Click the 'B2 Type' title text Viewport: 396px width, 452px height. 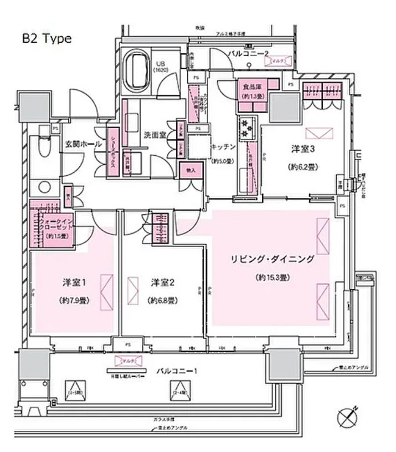pyautogui.click(x=47, y=39)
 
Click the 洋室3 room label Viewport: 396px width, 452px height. pyautogui.click(x=303, y=149)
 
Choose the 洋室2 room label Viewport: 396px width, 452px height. pyautogui.click(x=163, y=282)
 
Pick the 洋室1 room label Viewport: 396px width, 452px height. pyautogui.click(x=75, y=282)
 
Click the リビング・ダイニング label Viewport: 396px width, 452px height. pyautogui.click(x=273, y=259)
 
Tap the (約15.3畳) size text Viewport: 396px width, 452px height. pyautogui.click(x=274, y=277)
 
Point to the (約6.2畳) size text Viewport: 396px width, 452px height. pyautogui.click(x=303, y=166)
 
